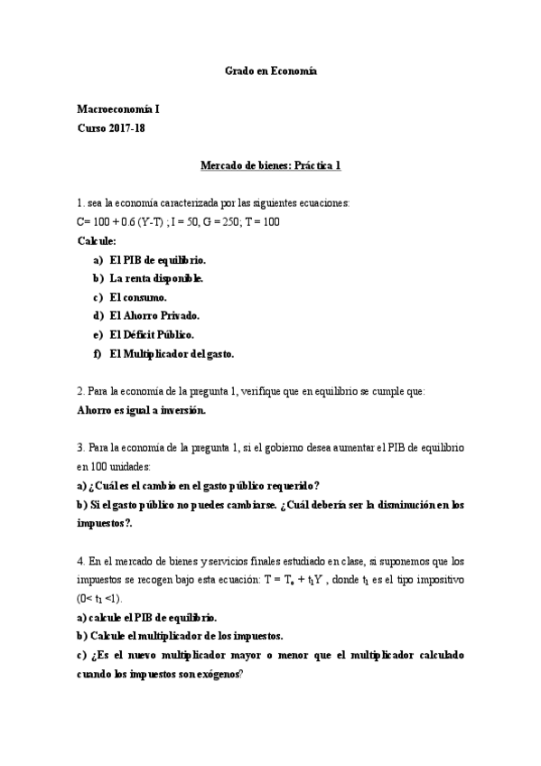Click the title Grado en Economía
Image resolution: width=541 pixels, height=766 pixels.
270,70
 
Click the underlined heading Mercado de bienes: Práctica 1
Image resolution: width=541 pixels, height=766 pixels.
270,165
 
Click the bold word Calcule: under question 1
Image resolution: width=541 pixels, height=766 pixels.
97,240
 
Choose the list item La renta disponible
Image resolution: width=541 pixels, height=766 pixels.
155,278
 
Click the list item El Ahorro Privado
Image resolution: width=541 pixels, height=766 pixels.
154,315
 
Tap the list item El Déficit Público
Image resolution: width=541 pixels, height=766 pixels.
151,334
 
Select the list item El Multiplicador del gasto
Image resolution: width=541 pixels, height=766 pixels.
171,353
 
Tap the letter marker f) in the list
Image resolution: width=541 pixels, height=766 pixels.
97,353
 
